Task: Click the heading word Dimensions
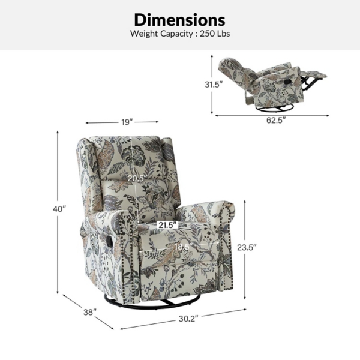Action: [x=179, y=20]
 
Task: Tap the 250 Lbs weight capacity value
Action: [x=215, y=34]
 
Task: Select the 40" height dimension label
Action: [x=59, y=209]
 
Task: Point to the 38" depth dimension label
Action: [x=90, y=312]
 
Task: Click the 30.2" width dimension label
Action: [x=188, y=319]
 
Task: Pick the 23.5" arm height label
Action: [x=247, y=247]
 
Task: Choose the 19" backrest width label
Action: [x=127, y=122]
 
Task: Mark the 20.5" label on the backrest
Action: [x=137, y=178]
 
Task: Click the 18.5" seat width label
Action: [x=183, y=247]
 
